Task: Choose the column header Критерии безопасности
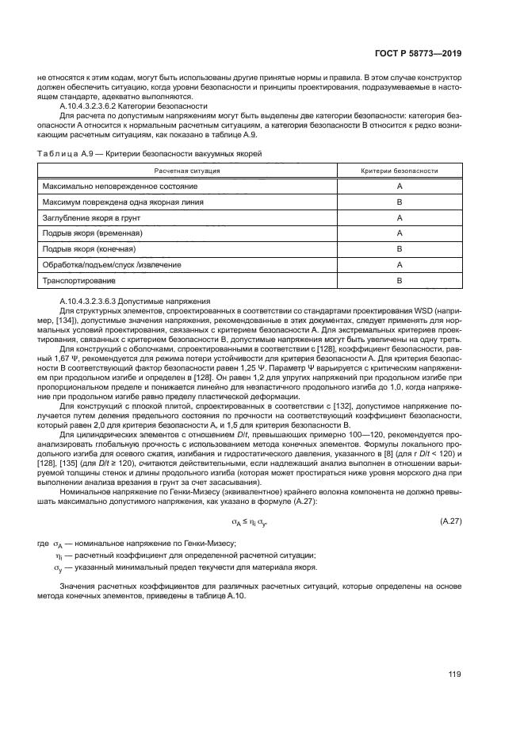tap(400, 171)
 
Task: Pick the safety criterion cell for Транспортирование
tap(400, 280)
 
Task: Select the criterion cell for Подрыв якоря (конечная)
tap(400, 248)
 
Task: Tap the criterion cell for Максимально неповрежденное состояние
tap(400, 186)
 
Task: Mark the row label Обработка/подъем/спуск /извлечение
tap(101, 264)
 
